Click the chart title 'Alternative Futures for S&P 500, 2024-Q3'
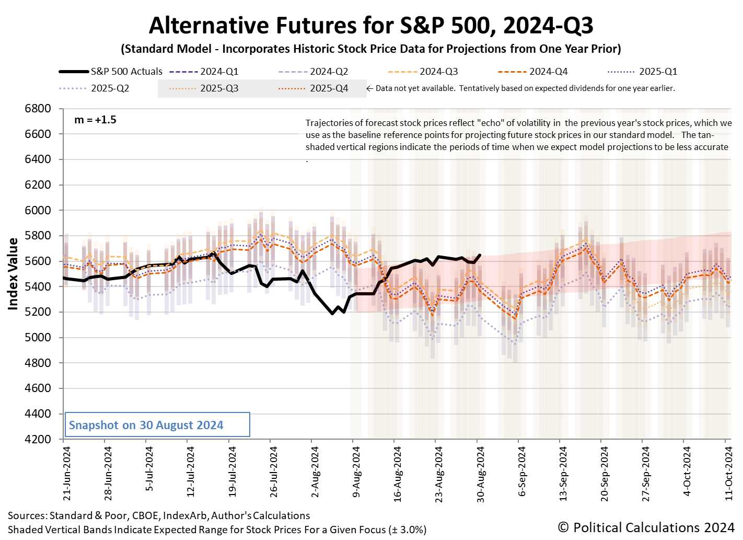coord(371,25)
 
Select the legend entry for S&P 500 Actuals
coord(111,72)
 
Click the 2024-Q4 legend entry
coord(533,72)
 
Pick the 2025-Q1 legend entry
coord(643,72)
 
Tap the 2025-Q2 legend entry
coord(95,88)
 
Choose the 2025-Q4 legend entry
coord(314,88)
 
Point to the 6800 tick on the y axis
coord(38,109)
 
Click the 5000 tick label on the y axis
coord(38,338)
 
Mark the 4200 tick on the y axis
coord(38,439)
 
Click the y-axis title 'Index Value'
coord(13,274)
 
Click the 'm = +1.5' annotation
coord(95,120)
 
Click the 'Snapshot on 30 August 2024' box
coord(157,424)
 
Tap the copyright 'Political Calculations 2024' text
coord(646,527)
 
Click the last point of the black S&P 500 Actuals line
coord(480,255)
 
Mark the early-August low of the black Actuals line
coord(332,313)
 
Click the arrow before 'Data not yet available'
coord(370,88)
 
